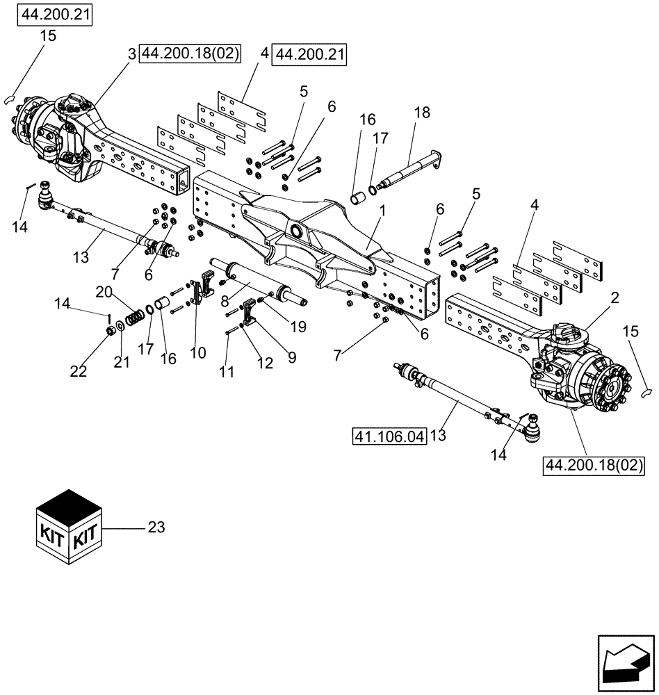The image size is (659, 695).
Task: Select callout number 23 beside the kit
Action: click(156, 528)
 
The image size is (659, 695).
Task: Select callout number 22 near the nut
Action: click(78, 372)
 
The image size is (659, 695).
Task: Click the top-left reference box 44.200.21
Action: click(55, 15)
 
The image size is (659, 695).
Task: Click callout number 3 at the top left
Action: click(131, 53)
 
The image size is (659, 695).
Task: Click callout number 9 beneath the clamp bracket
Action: click(292, 358)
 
